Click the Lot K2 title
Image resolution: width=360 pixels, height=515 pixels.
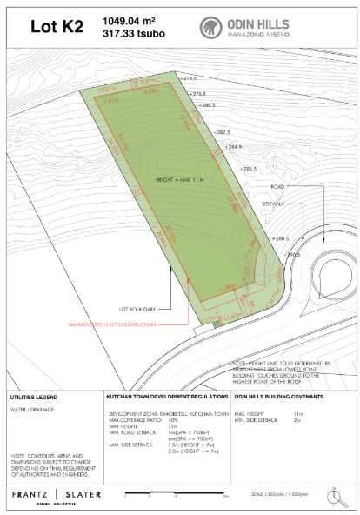[57, 27]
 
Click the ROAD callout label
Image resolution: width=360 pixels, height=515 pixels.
[278, 187]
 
